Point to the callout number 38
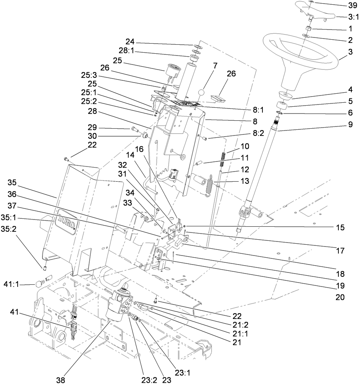pyautogui.click(x=61, y=379)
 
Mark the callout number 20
pyautogui.click(x=340, y=297)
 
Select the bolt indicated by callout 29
pyautogui.click(x=135, y=128)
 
